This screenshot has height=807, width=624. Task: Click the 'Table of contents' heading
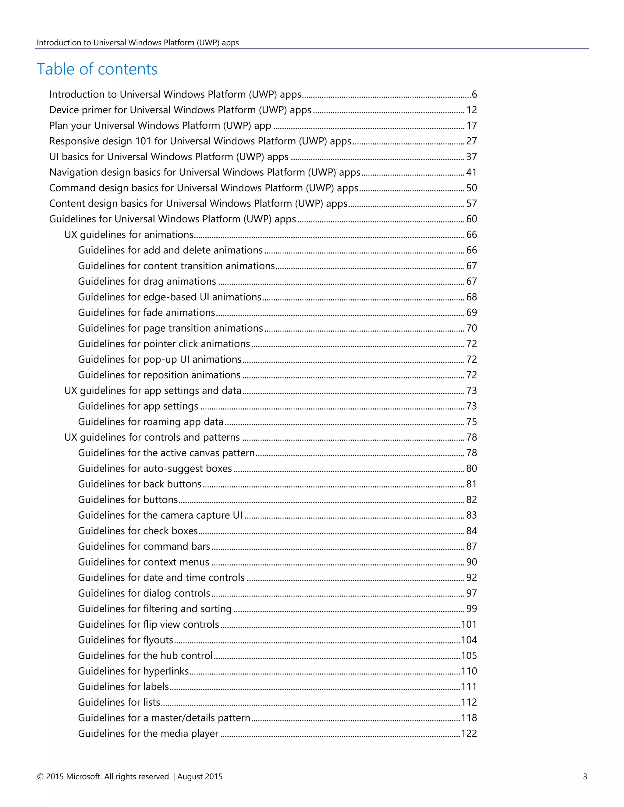pos(97,69)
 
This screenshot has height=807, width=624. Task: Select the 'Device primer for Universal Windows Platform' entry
pos(180,110)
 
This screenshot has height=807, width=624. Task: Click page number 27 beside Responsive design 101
pos(471,141)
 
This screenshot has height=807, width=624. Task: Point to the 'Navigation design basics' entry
pos(204,173)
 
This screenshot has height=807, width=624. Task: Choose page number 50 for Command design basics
pos(471,188)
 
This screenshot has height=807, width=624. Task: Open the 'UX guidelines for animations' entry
pos(129,234)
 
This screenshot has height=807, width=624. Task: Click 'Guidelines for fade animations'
pos(146,313)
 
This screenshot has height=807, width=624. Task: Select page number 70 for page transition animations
pos(471,328)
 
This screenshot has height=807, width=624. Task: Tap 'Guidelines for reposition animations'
pos(159,375)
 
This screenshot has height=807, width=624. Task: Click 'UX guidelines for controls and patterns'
pos(152,438)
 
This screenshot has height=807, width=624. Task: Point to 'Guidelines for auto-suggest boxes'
pos(155,469)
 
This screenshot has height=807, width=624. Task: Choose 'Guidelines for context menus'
pos(144,562)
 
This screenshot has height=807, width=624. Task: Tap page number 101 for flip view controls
pos(469,625)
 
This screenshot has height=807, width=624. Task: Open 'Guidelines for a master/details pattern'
pos(164,718)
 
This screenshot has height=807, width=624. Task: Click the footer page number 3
pos(585,777)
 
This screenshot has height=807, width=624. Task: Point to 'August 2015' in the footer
pos(200,777)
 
